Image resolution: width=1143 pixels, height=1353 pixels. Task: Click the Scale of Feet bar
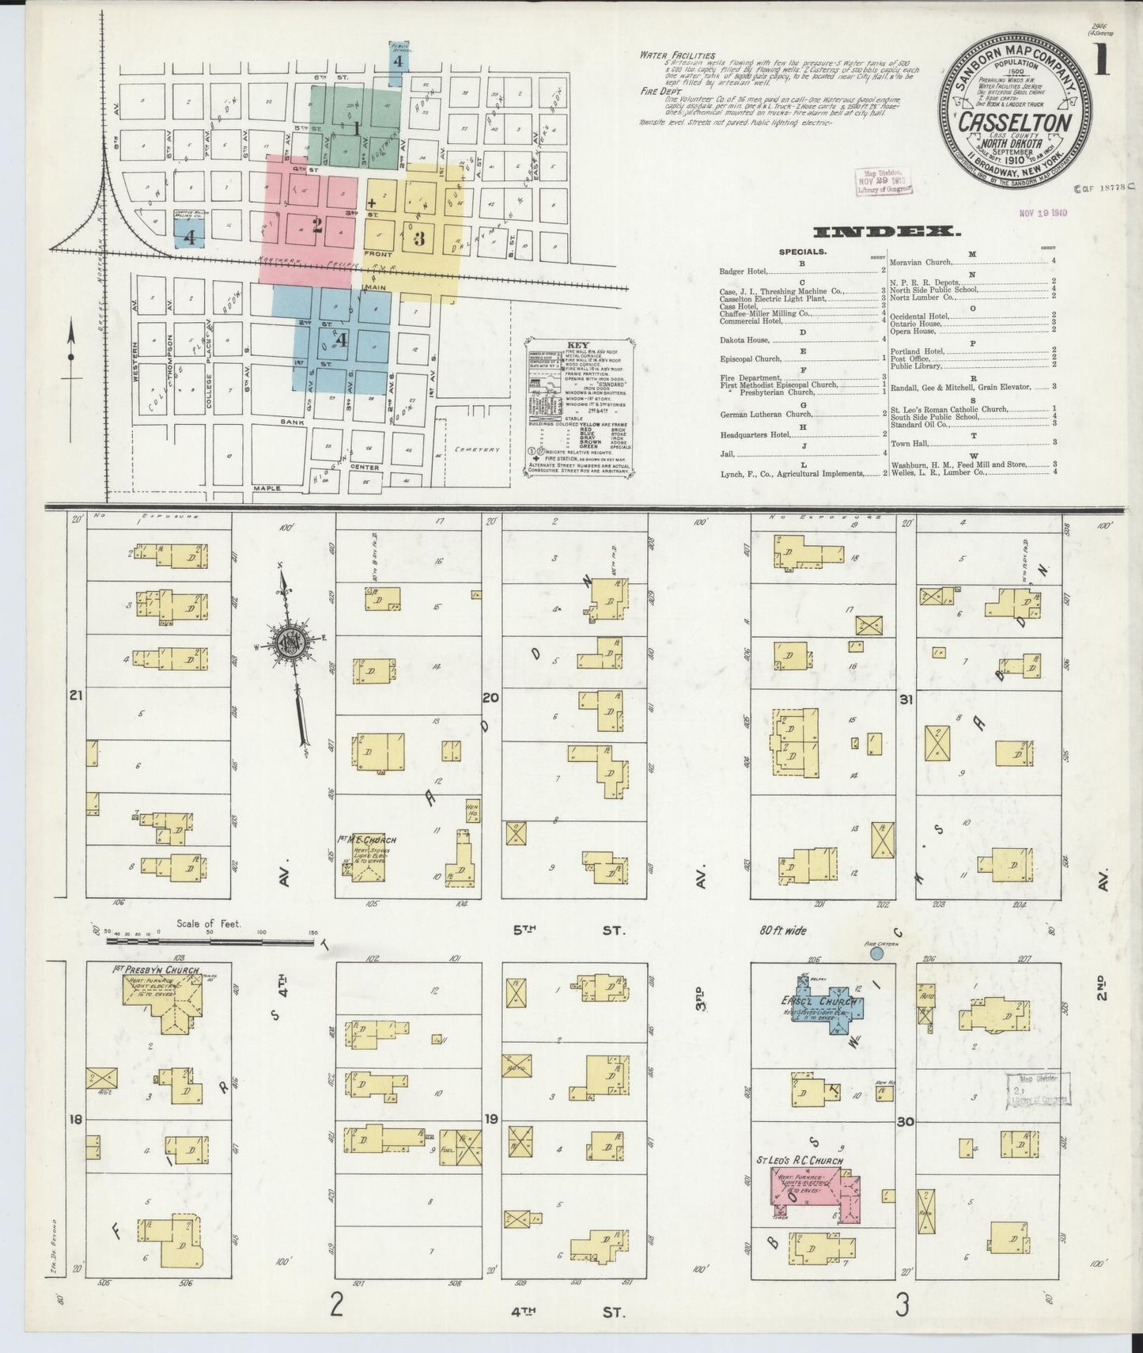[210, 942]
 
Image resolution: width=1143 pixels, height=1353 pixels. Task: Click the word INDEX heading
[887, 231]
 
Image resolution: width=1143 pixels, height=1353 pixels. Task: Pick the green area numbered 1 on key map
[355, 127]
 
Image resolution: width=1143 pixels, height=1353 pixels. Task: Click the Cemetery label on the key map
[478, 449]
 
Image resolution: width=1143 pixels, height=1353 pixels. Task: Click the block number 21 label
[76, 696]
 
